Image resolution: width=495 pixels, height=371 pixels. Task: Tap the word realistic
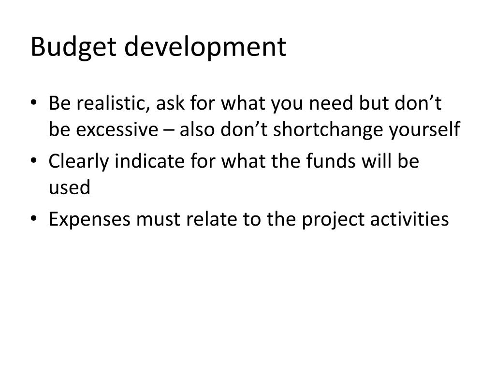[106, 104]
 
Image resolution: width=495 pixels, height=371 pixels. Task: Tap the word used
[69, 188]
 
